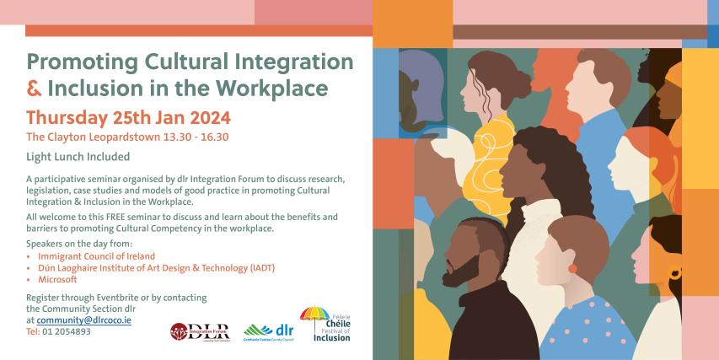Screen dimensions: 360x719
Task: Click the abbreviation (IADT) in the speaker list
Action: click(x=258, y=267)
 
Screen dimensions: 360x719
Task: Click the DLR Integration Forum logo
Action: click(x=200, y=330)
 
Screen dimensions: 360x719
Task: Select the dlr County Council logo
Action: click(x=269, y=330)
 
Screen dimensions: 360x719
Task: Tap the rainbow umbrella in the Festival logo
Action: click(x=314, y=314)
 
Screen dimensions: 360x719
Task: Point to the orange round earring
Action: click(x=573, y=269)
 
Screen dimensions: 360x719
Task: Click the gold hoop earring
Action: click(x=674, y=274)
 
